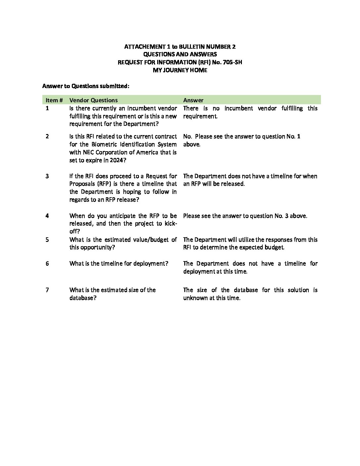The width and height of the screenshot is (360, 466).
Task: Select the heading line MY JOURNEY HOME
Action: click(x=180, y=70)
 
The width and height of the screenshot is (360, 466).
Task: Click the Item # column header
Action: click(x=54, y=100)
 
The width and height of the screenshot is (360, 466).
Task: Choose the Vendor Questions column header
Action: click(x=93, y=100)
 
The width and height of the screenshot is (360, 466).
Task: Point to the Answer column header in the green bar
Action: click(x=193, y=100)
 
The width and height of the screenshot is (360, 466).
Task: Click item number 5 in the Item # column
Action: click(x=47, y=240)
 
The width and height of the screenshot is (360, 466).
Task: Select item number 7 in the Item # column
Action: click(x=47, y=290)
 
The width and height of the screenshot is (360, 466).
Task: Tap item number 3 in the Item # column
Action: click(x=47, y=176)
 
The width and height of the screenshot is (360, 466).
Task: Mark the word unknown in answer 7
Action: click(x=196, y=298)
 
